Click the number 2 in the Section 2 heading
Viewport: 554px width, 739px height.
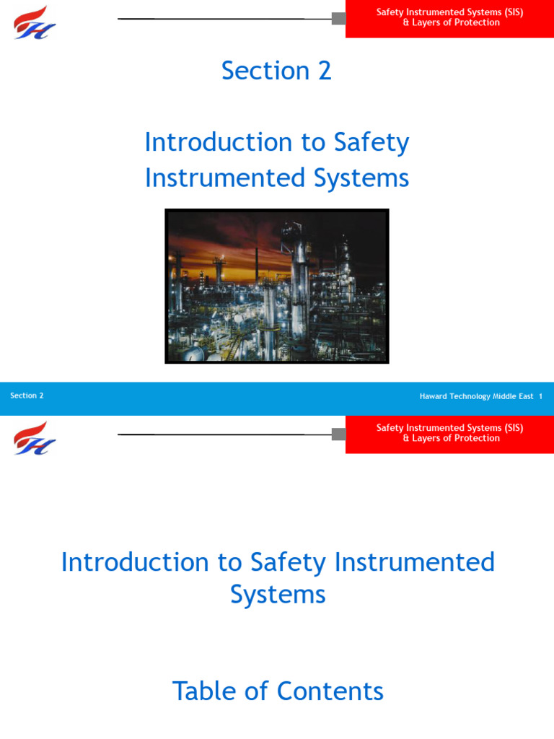(324, 71)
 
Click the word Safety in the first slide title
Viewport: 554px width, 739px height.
(371, 142)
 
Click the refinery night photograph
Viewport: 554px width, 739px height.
(277, 286)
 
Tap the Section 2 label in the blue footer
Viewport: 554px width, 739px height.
(27, 395)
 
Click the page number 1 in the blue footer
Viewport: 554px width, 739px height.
(541, 396)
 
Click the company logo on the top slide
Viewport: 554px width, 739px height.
(35, 22)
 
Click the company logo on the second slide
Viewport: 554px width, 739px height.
(35, 438)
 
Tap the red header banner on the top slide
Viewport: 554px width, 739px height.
(450, 18)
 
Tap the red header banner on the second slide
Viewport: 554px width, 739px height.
(450, 434)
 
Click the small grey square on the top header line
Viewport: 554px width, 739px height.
(338, 18)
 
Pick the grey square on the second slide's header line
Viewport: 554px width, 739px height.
(338, 434)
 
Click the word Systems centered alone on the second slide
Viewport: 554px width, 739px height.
(278, 595)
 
